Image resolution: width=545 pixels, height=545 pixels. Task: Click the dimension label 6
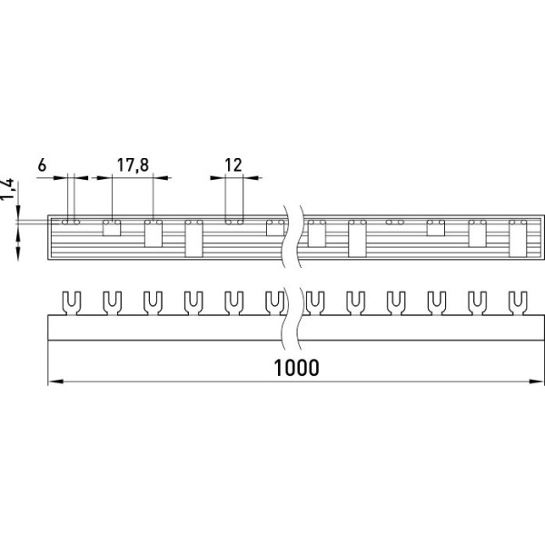tap(42, 165)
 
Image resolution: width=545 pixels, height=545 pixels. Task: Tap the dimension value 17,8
tap(133, 165)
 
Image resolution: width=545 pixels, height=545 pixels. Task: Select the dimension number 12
tap(233, 165)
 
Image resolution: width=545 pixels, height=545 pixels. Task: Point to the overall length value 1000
tap(296, 368)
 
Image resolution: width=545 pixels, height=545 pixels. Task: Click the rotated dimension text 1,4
tap(7, 190)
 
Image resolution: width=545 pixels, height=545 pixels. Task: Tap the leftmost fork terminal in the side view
tap(71, 303)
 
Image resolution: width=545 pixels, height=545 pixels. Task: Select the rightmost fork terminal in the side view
tap(518, 303)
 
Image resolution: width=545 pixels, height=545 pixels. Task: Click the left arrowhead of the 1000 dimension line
tap(55, 381)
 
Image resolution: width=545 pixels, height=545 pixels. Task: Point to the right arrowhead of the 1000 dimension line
tap(536, 381)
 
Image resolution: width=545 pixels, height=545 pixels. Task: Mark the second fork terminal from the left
tap(112, 303)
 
